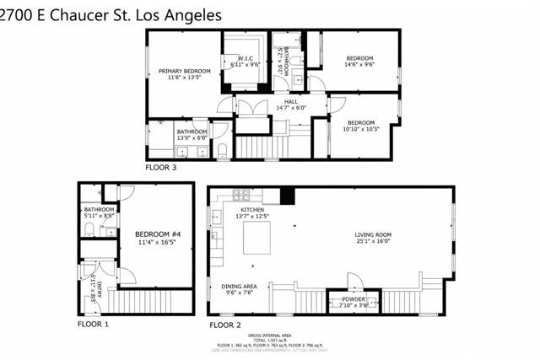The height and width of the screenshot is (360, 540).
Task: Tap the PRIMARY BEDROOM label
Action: (185, 71)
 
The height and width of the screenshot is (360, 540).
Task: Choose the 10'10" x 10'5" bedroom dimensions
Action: (360, 129)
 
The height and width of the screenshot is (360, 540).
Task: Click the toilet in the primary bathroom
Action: (222, 151)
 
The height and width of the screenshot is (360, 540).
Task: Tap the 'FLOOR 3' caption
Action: (161, 168)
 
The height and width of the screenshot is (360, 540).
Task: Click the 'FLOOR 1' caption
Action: (94, 324)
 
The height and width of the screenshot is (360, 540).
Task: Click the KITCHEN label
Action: (253, 209)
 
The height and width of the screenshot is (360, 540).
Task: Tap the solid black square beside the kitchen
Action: (288, 196)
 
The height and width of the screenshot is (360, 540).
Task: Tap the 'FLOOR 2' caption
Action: (224, 324)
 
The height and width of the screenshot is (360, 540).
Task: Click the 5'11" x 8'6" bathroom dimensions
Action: (99, 216)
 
